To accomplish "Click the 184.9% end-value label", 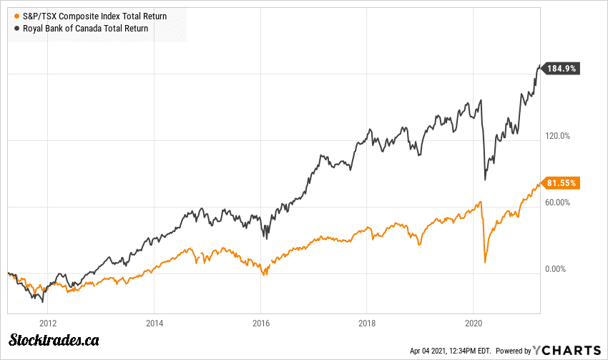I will (562, 69).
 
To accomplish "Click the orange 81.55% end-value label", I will (562, 183).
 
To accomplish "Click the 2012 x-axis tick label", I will (49, 323).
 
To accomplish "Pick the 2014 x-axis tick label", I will (155, 323).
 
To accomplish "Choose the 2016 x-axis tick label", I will (261, 323).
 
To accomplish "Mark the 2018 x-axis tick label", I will (367, 323).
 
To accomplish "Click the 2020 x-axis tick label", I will (474, 323).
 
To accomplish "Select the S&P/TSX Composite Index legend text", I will (94, 16).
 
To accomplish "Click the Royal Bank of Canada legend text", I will (85, 28).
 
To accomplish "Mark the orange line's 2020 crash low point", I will (485, 262).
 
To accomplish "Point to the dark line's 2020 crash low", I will (485, 179).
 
